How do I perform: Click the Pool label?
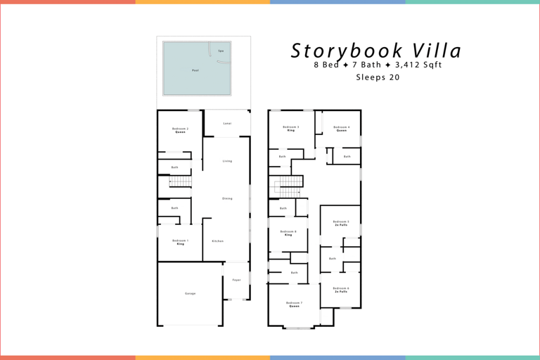195,70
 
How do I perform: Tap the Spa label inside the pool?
221,51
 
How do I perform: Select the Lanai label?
227,124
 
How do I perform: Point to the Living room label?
227,161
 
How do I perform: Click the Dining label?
227,198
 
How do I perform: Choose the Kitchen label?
218,241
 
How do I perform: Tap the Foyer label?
236,280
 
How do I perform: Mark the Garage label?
190,293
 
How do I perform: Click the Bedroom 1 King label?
180,242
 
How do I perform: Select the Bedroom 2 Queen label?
180,130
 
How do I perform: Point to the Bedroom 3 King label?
291,129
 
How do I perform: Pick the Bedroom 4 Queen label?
341,129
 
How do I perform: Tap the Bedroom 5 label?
341,223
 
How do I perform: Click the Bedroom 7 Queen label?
294,304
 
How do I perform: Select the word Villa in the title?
437,51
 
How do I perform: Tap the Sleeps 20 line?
378,77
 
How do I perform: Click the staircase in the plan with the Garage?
181,182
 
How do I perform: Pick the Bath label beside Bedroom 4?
347,157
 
